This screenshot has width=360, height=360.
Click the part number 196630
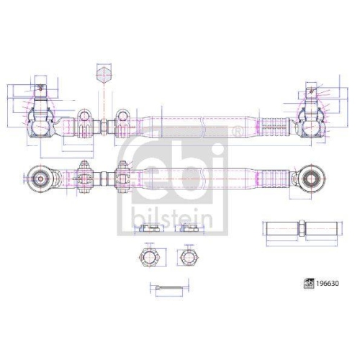click(328, 284)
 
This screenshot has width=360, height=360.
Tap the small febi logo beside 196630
click(309, 284)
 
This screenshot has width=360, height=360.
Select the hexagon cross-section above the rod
click(104, 75)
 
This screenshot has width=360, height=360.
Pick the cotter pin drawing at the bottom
click(169, 287)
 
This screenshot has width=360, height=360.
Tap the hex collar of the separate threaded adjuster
click(302, 229)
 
